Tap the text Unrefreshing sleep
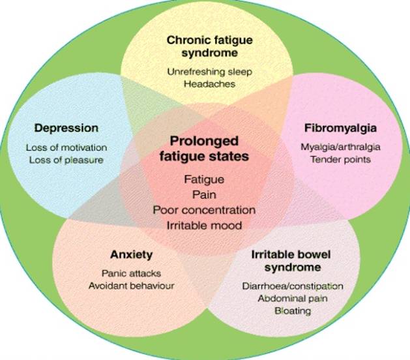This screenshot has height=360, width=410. (x=209, y=72)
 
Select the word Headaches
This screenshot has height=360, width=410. (x=209, y=84)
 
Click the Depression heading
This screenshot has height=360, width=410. (x=66, y=128)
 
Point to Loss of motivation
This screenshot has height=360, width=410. (x=66, y=147)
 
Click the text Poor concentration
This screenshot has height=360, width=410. (x=204, y=210)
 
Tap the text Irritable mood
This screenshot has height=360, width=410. (x=205, y=226)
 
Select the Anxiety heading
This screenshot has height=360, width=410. (x=131, y=255)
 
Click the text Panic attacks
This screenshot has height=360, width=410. (x=131, y=273)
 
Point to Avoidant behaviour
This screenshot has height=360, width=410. (x=131, y=285)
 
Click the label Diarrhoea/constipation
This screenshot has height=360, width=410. (x=291, y=286)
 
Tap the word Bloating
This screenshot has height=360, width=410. (x=292, y=310)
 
